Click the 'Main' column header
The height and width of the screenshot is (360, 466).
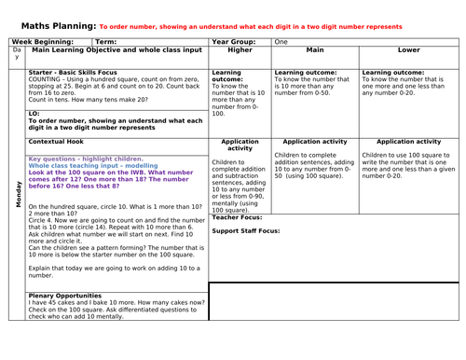[x=314, y=52]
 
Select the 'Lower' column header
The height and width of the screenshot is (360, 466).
[x=407, y=52]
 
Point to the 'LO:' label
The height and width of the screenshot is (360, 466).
[x=34, y=113]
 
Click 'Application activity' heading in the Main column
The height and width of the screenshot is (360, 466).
[x=314, y=142]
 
